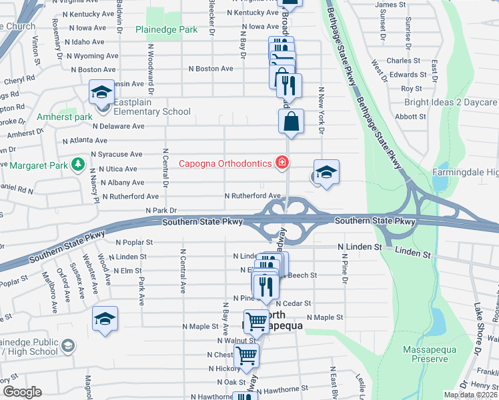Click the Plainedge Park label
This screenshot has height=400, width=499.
tap(166, 30)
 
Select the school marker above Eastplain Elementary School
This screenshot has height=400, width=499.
tap(101, 93)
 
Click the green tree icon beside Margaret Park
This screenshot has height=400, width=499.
tap(77, 164)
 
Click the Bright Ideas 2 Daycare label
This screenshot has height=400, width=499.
tap(451, 103)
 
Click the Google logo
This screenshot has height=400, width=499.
tap(22, 392)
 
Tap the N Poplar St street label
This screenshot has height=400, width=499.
tap(134, 243)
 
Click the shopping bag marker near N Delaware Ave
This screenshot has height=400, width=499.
tap(291, 122)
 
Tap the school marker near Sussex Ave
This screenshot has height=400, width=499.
tap(105, 319)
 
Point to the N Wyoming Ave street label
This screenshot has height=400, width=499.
tap(91, 56)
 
